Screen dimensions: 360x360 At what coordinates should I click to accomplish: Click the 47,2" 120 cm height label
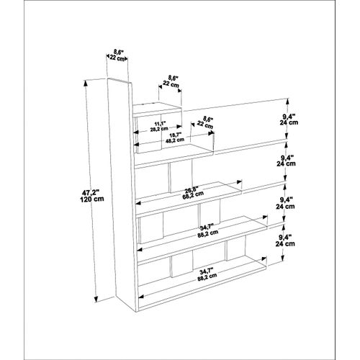click(92, 196)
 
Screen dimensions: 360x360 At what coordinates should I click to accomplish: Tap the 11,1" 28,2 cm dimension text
click(159, 126)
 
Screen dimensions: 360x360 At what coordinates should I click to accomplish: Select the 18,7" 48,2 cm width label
click(175, 138)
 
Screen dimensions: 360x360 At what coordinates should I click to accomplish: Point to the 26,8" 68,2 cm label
click(194, 191)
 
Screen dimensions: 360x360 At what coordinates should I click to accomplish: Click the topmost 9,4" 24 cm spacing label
click(289, 120)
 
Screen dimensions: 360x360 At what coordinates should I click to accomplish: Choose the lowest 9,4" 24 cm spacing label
click(285, 240)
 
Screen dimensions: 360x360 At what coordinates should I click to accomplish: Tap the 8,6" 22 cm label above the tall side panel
click(117, 55)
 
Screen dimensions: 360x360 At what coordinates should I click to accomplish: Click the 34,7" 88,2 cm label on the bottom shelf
click(207, 274)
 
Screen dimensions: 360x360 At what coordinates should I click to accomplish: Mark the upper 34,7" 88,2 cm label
click(208, 230)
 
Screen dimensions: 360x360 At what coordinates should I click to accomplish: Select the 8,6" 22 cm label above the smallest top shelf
click(171, 81)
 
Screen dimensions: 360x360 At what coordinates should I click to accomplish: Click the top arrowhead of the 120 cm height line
click(85, 84)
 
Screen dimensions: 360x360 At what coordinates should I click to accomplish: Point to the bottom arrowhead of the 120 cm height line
click(96, 299)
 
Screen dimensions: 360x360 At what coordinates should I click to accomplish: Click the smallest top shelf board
click(157, 108)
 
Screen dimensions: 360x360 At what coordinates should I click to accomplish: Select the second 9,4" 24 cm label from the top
click(288, 161)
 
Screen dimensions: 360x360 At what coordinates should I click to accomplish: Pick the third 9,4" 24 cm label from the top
click(285, 203)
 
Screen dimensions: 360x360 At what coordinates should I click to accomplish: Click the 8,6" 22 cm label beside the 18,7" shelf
click(205, 122)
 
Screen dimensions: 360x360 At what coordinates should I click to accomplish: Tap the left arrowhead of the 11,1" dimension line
click(136, 132)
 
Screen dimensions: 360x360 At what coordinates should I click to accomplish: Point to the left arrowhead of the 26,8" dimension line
click(138, 203)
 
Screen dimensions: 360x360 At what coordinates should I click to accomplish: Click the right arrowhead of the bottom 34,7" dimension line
click(264, 259)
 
